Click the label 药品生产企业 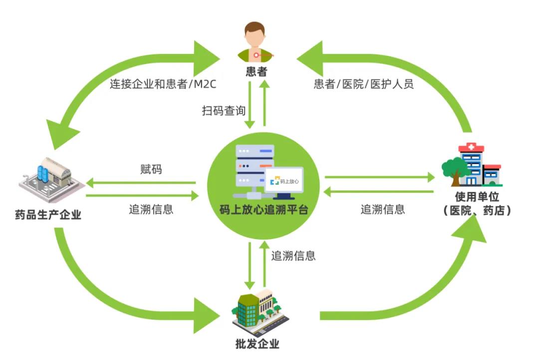48,215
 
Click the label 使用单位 477,197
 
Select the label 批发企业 257,344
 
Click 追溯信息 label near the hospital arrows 383,209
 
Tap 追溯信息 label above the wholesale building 293,256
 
